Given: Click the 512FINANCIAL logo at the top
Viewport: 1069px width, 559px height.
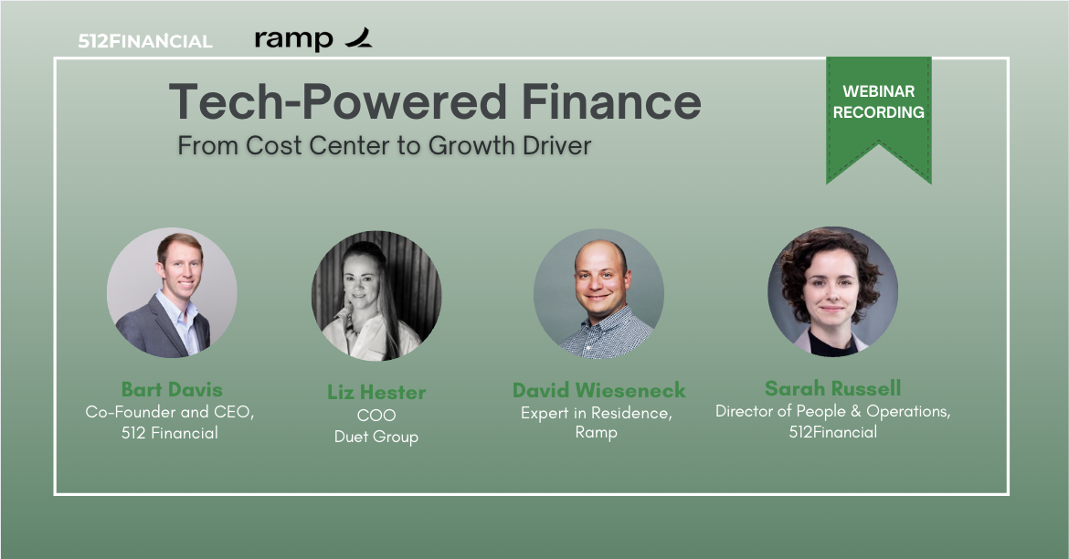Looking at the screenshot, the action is pyautogui.click(x=145, y=42).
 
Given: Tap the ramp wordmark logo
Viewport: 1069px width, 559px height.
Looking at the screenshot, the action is pyautogui.click(x=312, y=39).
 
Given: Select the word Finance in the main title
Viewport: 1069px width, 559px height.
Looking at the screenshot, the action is pyautogui.click(x=611, y=102).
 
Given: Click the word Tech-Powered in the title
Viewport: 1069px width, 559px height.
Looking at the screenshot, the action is pyautogui.click(x=338, y=102).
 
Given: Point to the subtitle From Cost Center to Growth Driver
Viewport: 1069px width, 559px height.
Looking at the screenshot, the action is pyautogui.click(x=385, y=145).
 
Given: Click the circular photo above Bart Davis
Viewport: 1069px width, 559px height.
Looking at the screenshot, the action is pyautogui.click(x=172, y=292).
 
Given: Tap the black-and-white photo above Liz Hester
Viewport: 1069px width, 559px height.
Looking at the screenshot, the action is pyautogui.click(x=376, y=296).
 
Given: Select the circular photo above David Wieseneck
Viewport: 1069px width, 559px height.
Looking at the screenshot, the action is pyautogui.click(x=598, y=293).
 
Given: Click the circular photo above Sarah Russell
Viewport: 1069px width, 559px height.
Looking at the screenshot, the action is pyautogui.click(x=832, y=291).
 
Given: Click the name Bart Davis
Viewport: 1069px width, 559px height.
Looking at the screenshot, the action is pyautogui.click(x=172, y=389).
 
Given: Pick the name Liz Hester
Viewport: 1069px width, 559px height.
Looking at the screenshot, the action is pyautogui.click(x=376, y=392).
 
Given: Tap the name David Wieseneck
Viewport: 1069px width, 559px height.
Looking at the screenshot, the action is pyautogui.click(x=598, y=390).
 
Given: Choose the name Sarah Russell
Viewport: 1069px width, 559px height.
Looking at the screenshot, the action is pyautogui.click(x=832, y=388).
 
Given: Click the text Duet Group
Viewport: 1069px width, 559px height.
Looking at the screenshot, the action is pyautogui.click(x=376, y=437).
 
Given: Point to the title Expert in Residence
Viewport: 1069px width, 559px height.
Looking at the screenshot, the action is pyautogui.click(x=597, y=413).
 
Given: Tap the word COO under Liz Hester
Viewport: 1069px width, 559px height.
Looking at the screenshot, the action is pyautogui.click(x=376, y=416).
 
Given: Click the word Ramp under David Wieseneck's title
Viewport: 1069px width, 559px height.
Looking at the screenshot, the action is pyautogui.click(x=597, y=432).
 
